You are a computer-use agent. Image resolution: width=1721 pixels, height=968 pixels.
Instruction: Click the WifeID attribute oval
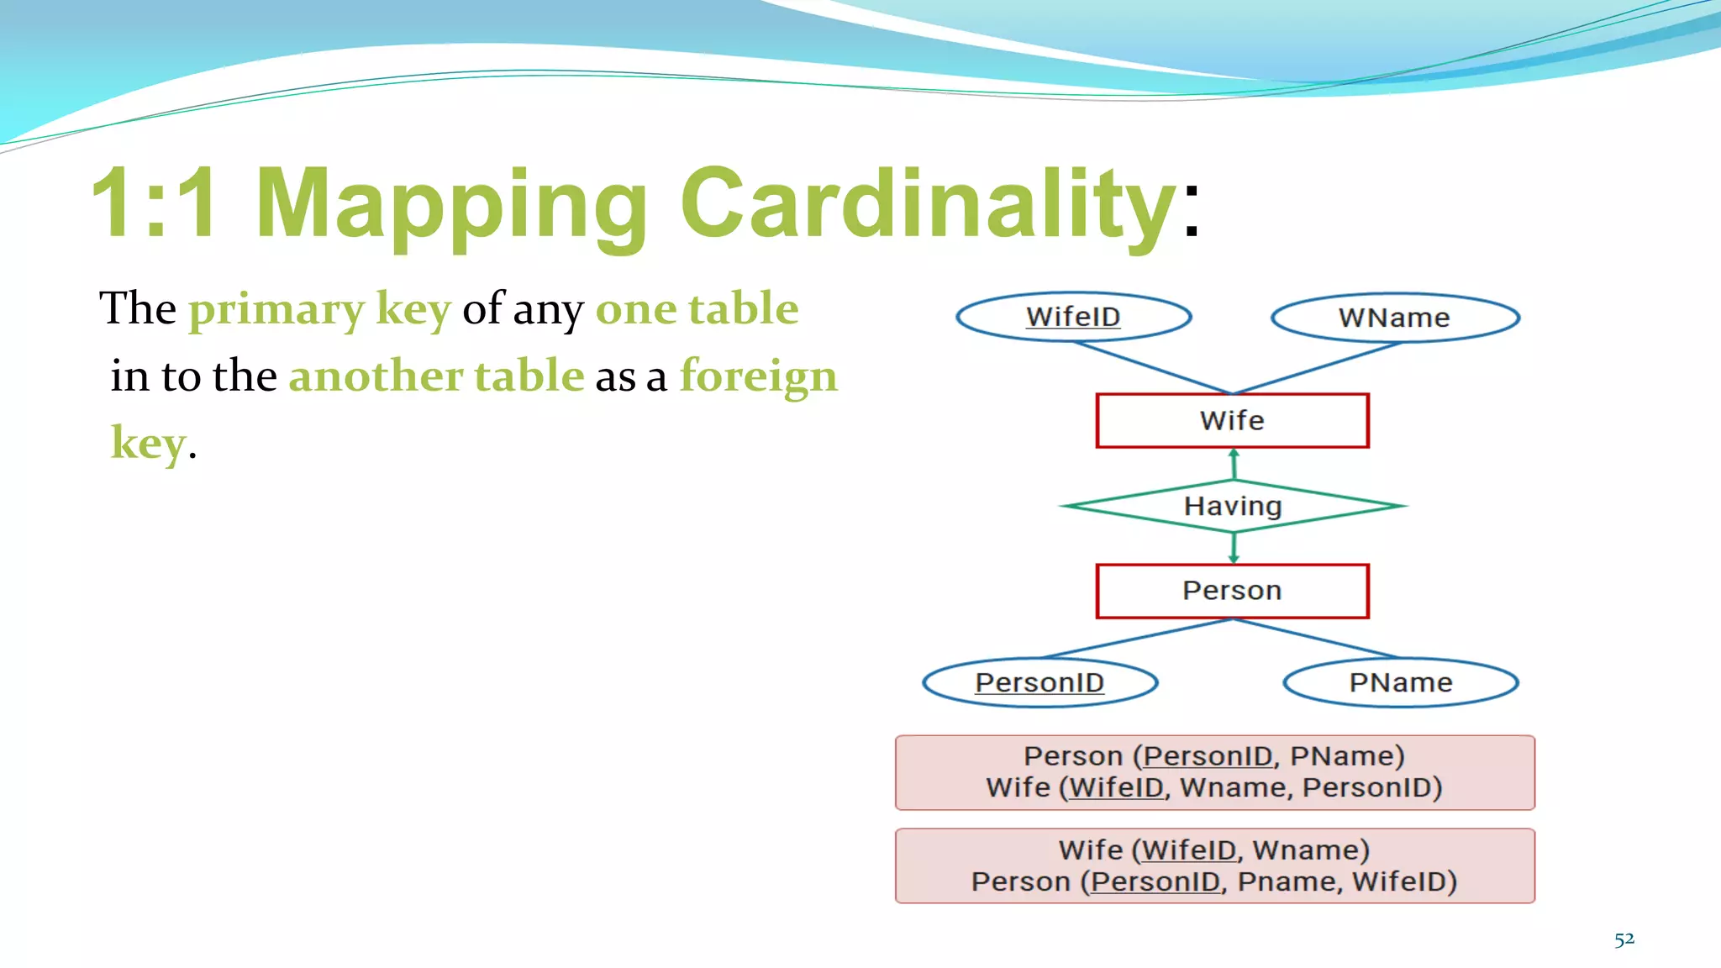pos(1073,317)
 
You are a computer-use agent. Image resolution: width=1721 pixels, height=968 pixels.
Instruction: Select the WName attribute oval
pos(1394,318)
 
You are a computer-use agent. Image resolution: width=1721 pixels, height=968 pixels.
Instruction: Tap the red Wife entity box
pos(1232,420)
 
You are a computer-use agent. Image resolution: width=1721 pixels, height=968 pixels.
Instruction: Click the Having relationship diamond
pos(1232,506)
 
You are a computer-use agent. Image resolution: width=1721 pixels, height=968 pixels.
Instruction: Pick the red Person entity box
pos(1232,591)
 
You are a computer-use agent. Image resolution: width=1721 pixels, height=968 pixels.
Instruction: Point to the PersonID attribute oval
pos(1039,682)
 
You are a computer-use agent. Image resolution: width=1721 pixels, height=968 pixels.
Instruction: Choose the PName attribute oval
pos(1400,682)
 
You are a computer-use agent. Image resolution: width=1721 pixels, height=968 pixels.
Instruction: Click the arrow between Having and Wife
pos(1234,463)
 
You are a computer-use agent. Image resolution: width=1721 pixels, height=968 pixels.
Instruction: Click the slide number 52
pos(1624,939)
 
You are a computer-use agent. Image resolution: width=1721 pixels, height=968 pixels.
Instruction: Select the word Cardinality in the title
pos(928,203)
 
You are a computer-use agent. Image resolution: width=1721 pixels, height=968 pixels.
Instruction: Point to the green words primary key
pos(320,308)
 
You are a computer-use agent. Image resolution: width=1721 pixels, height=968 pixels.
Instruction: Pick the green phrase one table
pos(697,308)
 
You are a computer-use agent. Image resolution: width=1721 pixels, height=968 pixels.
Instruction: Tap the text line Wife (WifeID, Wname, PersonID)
pos(1214,788)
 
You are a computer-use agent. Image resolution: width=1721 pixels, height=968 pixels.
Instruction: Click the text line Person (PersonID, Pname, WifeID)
pos(1214,882)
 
